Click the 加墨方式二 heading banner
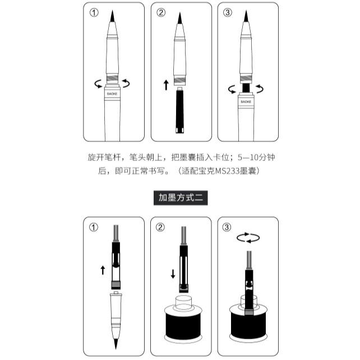coord(181,198)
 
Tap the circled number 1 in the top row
coord(94,13)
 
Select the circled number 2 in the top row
coord(161,12)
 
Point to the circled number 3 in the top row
coord(227,12)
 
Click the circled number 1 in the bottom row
coord(94,227)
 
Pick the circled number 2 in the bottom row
coord(160,227)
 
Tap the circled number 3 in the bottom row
coord(227,227)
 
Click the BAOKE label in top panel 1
coord(112,94)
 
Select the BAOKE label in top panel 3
coord(246,101)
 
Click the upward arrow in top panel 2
coord(166,85)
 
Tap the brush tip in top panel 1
coord(112,16)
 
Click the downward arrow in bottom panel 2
coord(173,274)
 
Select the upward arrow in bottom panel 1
coord(103,270)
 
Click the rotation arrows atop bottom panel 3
coord(248,238)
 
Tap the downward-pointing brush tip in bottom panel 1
coord(116,344)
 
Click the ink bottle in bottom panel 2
coord(183,320)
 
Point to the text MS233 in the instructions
coord(227,171)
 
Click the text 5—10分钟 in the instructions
coord(256,157)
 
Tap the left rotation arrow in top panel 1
coord(98,84)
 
